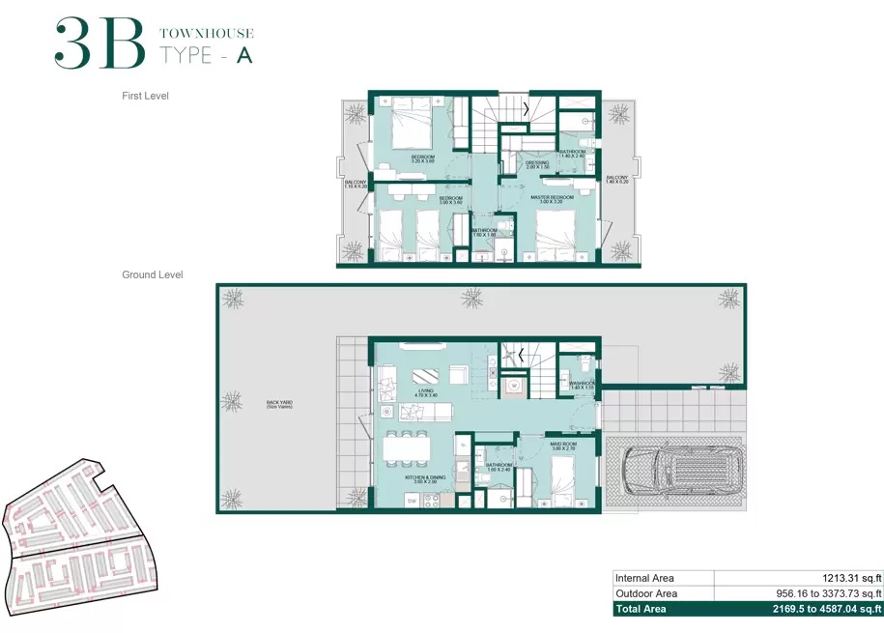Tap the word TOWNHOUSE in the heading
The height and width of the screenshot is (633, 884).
pos(206,34)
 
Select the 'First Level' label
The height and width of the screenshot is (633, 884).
pos(146,96)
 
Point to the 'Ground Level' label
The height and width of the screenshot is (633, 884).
pos(153,275)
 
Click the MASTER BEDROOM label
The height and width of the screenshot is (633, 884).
pos(553,199)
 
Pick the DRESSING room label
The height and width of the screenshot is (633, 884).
pos(537,165)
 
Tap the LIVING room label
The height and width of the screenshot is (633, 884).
pos(426,392)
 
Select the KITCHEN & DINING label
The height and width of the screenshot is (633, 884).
pos(425,479)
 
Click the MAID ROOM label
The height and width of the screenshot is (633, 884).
pos(563,447)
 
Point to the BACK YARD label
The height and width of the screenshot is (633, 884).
pos(280,404)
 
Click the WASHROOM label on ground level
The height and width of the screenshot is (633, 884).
pos(583,385)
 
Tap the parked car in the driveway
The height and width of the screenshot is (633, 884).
pos(675,474)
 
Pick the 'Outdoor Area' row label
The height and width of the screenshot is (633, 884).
pos(646,593)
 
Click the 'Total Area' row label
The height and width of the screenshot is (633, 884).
pos(641,610)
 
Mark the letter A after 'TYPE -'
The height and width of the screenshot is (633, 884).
pos(244,55)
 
